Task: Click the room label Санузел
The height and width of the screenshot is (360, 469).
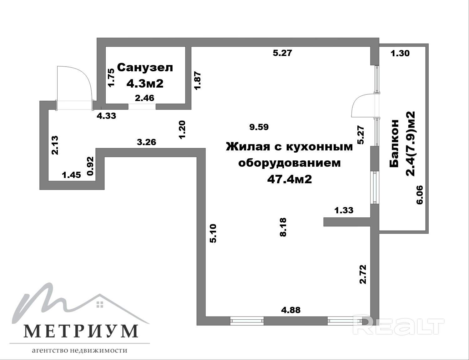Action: tap(145, 68)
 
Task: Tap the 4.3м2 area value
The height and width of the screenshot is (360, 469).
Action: tap(145, 83)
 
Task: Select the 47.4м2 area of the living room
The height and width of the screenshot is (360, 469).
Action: tap(290, 179)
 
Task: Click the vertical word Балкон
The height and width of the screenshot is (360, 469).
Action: tap(394, 144)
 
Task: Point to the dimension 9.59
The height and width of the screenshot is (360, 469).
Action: tap(259, 127)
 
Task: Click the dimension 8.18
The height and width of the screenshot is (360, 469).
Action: tap(283, 227)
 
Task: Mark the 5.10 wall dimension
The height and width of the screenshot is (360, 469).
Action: tap(213, 234)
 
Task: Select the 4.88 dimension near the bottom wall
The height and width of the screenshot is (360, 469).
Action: tap(291, 310)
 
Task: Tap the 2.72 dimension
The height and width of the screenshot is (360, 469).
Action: tap(363, 274)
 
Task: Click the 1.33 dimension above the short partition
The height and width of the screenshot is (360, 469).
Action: tap(344, 210)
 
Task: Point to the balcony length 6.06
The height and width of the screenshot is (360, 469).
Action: tap(420, 195)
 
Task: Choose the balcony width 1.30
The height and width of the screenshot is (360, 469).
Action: tap(400, 53)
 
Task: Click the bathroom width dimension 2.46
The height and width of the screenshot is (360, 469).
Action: tap(144, 98)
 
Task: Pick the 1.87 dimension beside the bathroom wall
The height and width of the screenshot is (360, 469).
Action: tap(198, 80)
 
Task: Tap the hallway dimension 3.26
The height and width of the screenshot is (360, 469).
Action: tap(147, 142)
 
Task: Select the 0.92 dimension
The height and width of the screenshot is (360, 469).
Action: tap(90, 166)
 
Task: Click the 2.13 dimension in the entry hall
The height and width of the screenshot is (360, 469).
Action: tap(55, 145)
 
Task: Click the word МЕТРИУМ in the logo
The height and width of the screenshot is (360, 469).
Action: tap(80, 331)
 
